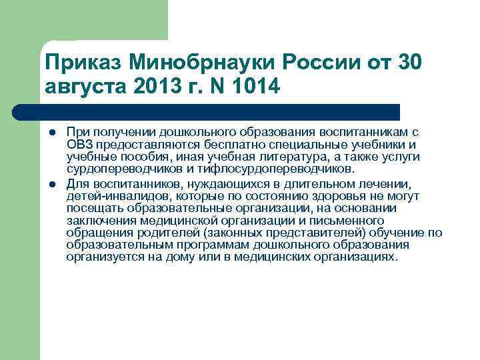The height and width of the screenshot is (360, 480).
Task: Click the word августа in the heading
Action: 86,87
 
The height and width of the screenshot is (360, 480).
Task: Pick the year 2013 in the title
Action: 160,87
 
